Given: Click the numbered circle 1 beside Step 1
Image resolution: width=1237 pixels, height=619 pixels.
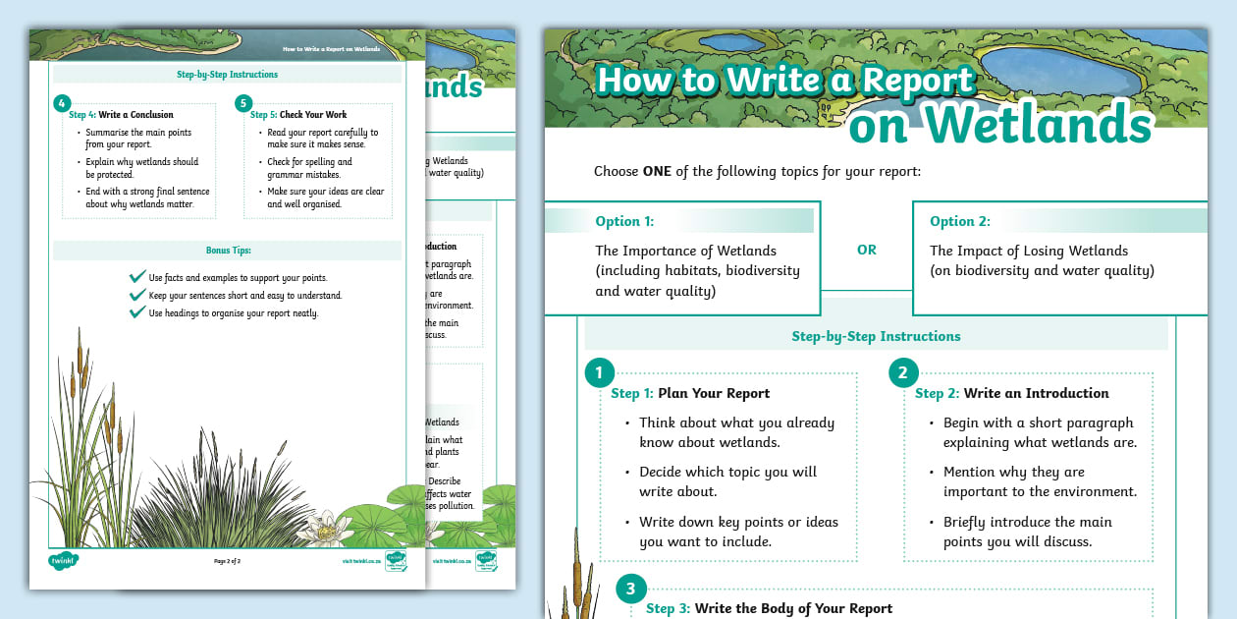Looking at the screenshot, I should click(x=599, y=373).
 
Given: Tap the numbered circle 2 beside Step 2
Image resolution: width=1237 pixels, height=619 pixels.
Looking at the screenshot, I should click(x=903, y=373).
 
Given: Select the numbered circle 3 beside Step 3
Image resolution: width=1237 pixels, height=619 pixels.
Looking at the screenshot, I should click(x=630, y=590).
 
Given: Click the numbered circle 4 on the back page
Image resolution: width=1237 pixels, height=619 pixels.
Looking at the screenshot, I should click(x=62, y=102).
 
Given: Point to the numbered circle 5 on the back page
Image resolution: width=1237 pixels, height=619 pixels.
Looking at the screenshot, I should click(x=243, y=102).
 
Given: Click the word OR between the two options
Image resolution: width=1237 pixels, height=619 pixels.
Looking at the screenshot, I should click(x=866, y=250).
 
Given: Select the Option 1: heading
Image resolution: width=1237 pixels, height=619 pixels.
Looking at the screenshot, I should click(x=624, y=221).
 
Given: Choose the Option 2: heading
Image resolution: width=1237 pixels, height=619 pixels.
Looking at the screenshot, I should click(x=960, y=221).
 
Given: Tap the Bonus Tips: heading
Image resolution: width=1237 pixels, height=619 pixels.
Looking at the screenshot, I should click(x=228, y=251).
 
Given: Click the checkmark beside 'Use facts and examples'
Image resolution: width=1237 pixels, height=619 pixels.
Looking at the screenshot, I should click(x=137, y=278).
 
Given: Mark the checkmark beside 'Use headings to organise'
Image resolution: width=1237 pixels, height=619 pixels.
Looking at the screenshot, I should click(x=137, y=312).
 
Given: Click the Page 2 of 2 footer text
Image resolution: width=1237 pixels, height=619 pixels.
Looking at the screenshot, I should click(x=228, y=561).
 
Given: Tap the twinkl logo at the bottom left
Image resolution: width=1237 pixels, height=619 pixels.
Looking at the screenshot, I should click(x=63, y=561).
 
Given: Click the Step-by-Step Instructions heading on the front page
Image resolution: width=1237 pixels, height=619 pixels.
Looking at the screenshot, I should click(x=876, y=336).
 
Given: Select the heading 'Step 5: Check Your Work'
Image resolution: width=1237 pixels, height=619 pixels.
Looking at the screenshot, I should click(x=305, y=115).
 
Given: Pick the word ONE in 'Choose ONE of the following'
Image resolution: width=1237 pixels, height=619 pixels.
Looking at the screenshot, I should click(x=658, y=171).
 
